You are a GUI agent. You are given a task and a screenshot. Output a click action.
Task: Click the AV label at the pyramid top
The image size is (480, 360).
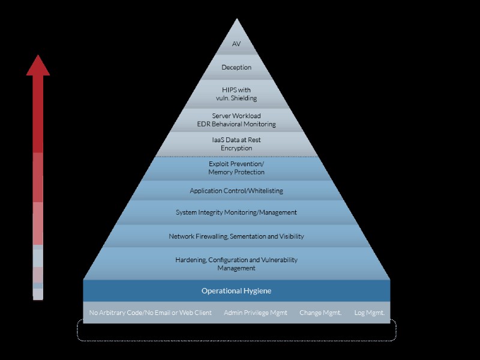pyautogui.click(x=236, y=44)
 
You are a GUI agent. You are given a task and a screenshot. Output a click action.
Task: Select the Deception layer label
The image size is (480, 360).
pyautogui.click(x=236, y=68)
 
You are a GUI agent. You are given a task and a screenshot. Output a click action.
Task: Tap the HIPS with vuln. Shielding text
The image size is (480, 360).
pyautogui.click(x=236, y=94)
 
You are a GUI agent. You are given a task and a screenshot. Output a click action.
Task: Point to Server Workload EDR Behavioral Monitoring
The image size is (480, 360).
pyautogui.click(x=236, y=120)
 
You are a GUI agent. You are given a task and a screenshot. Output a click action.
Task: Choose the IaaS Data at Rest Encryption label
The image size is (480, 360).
pyautogui.click(x=236, y=144)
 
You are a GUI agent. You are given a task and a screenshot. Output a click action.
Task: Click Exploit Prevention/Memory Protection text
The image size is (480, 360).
pyautogui.click(x=236, y=168)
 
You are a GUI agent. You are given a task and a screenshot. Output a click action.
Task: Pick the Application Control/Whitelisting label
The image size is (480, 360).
pyautogui.click(x=236, y=191)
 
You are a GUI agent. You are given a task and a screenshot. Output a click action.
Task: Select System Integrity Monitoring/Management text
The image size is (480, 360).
pyautogui.click(x=236, y=212)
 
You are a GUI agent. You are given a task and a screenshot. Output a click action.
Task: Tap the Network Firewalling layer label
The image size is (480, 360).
pyautogui.click(x=236, y=236)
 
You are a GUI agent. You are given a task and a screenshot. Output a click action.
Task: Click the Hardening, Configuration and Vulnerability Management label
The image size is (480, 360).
pyautogui.click(x=236, y=264)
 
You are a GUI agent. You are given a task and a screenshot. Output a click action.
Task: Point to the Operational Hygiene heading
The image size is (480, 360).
pyautogui.click(x=236, y=291)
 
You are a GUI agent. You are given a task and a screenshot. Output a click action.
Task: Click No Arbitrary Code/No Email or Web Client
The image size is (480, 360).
pyautogui.click(x=151, y=313)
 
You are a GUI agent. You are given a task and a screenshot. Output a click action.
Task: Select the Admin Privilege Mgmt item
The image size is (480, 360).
pyautogui.click(x=256, y=313)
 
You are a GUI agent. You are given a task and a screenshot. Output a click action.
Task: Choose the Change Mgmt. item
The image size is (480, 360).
pyautogui.click(x=320, y=313)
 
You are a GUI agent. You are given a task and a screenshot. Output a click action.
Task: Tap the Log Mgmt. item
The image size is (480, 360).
pyautogui.click(x=369, y=313)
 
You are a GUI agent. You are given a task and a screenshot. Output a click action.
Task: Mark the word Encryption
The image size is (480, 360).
pyautogui.click(x=236, y=148)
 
